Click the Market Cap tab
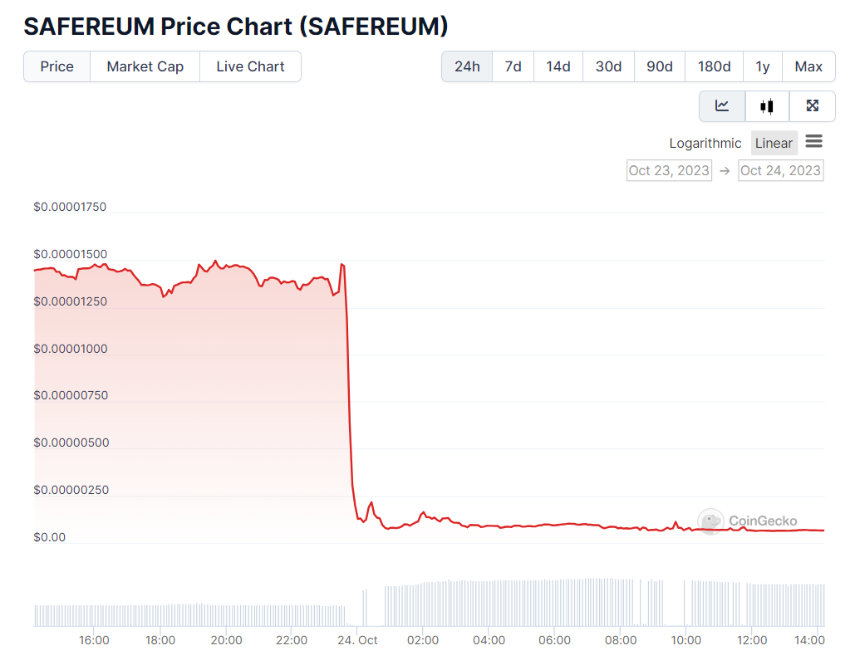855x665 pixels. point(145,66)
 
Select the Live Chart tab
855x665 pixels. point(250,66)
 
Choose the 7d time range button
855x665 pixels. point(513,66)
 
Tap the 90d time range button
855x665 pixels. point(659,66)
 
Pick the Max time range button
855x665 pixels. point(808,66)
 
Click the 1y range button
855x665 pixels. point(762,66)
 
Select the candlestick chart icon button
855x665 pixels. point(766,105)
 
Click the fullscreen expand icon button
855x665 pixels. point(813,105)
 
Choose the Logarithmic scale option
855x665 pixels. point(705,143)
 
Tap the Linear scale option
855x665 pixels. point(774,143)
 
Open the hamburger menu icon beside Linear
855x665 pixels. point(813,142)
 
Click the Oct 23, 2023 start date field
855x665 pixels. point(669,170)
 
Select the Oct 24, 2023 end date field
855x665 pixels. point(780,170)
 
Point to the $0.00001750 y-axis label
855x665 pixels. point(70,207)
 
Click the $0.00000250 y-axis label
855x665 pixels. point(70,490)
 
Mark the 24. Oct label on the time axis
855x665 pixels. point(358,640)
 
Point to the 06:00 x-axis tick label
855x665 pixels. point(554,640)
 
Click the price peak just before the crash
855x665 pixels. point(342,264)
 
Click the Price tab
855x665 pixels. point(57,66)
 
